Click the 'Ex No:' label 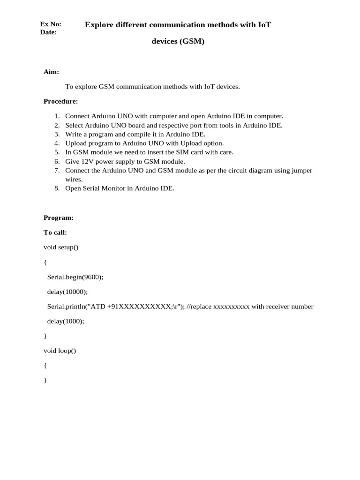click(x=51, y=24)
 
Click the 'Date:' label click(x=49, y=32)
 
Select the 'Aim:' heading click(x=51, y=72)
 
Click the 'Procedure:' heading click(x=60, y=101)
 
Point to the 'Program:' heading click(x=58, y=217)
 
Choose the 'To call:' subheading click(x=55, y=232)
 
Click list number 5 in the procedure click(x=57, y=152)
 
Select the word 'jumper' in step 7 click(x=302, y=170)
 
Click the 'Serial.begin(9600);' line click(x=75, y=277)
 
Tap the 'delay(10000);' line click(x=67, y=292)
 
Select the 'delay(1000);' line click(x=66, y=321)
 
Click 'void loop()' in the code click(x=60, y=350)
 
